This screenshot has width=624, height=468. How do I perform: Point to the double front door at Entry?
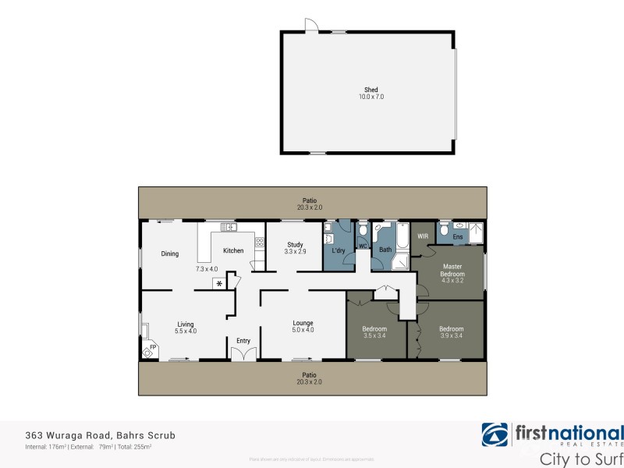[x=243, y=354]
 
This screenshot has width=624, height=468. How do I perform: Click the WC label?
[x=363, y=246]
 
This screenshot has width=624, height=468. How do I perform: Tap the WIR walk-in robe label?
[x=423, y=236]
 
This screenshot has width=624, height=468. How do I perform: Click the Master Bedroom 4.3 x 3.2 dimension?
[x=453, y=281]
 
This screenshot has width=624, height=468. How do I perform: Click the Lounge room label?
[x=303, y=323]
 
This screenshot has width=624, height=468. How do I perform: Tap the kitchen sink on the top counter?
[x=228, y=227]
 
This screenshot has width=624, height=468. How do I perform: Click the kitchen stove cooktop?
[x=260, y=243]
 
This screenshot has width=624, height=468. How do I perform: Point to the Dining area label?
[x=170, y=253]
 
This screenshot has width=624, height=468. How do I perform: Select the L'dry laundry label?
[x=339, y=250]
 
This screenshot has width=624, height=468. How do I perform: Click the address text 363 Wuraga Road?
[x=69, y=435]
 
